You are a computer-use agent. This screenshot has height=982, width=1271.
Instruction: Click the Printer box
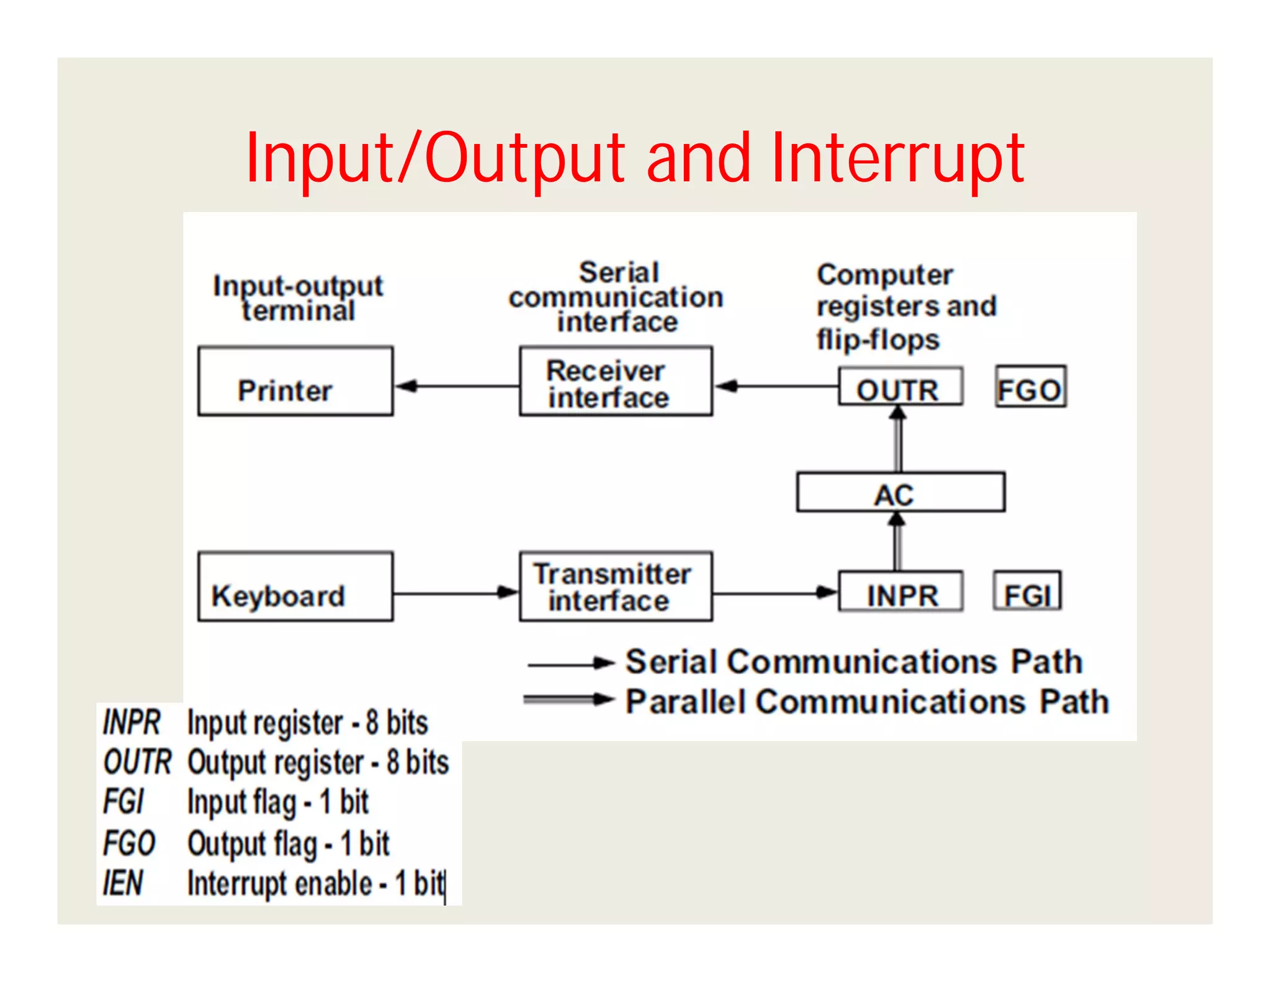click(x=295, y=381)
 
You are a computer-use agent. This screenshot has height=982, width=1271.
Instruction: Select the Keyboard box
click(x=295, y=587)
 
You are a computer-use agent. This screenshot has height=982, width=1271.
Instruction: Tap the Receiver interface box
click(x=616, y=381)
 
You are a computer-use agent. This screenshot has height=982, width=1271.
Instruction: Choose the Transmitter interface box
click(x=616, y=587)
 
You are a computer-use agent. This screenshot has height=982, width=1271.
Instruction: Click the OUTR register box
click(x=900, y=387)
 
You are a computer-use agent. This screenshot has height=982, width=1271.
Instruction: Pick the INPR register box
click(x=900, y=592)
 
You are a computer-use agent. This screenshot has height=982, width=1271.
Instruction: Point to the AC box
click(x=900, y=493)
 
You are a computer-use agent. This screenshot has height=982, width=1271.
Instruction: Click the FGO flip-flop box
click(x=1031, y=387)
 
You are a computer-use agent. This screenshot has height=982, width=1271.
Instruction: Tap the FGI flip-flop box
click(x=1027, y=592)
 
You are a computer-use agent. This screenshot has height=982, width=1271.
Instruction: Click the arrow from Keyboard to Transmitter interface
click(x=456, y=593)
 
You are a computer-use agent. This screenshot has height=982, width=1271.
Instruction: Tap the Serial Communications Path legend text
click(x=854, y=662)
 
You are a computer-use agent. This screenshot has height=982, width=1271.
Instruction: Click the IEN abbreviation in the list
click(x=123, y=883)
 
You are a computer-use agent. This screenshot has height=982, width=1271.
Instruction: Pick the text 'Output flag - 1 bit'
click(x=288, y=844)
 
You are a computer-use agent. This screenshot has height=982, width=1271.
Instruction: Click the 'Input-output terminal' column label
click(x=298, y=298)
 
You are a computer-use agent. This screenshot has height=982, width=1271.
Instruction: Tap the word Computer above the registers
click(x=884, y=275)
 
